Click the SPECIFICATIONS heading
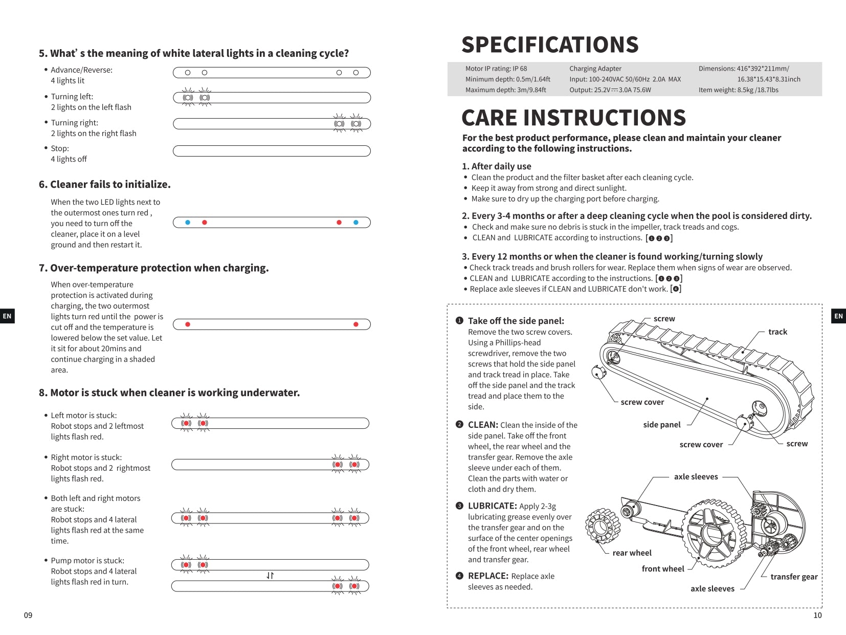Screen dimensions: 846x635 point(550,45)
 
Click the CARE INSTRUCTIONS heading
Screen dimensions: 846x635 point(573,118)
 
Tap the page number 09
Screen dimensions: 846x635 point(28,615)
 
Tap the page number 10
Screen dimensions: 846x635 point(817,615)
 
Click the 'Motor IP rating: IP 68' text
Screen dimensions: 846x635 point(496,69)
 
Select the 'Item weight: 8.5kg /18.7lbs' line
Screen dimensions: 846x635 point(739,90)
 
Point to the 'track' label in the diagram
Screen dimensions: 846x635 point(777,332)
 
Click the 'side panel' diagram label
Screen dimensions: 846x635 point(662,425)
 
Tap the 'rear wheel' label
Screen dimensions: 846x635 point(632,553)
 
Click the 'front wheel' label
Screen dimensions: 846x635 point(663,568)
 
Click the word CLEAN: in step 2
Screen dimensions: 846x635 point(483,425)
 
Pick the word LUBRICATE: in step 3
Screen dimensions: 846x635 point(493,506)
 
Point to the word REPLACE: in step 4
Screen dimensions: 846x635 point(488,576)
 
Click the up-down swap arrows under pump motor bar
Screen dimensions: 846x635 point(270,576)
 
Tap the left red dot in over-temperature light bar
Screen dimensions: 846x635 point(188,324)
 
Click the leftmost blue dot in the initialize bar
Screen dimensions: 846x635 point(188,223)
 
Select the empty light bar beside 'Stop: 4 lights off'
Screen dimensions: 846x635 point(272,151)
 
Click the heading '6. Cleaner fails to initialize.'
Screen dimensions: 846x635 point(104,184)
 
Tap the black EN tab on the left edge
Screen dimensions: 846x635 point(7,316)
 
